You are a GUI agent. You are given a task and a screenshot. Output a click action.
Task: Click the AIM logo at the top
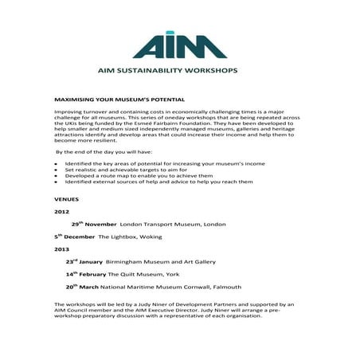pos(179,45)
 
